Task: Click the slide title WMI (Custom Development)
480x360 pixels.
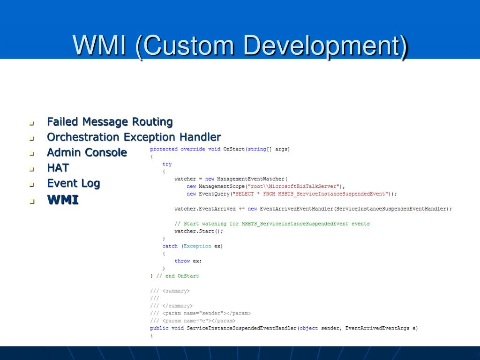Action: click(x=240, y=46)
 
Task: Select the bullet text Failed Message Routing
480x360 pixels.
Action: click(x=110, y=122)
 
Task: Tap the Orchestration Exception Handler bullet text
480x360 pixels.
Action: click(x=134, y=137)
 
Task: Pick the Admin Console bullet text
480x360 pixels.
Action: click(x=87, y=152)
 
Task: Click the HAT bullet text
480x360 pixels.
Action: click(x=58, y=168)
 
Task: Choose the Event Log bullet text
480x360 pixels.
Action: click(x=73, y=183)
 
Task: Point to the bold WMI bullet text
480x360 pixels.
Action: click(x=63, y=200)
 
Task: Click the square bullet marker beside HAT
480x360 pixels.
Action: click(x=32, y=169)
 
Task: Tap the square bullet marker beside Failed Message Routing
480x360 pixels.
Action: click(x=32, y=124)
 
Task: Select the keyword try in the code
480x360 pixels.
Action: click(x=167, y=164)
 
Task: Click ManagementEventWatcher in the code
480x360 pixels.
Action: click(x=251, y=179)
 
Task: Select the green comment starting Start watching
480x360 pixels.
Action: click(x=272, y=224)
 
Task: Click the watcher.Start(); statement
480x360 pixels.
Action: click(x=199, y=231)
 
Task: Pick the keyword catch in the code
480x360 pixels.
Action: click(x=170, y=246)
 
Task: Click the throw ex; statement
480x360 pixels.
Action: click(x=188, y=261)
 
